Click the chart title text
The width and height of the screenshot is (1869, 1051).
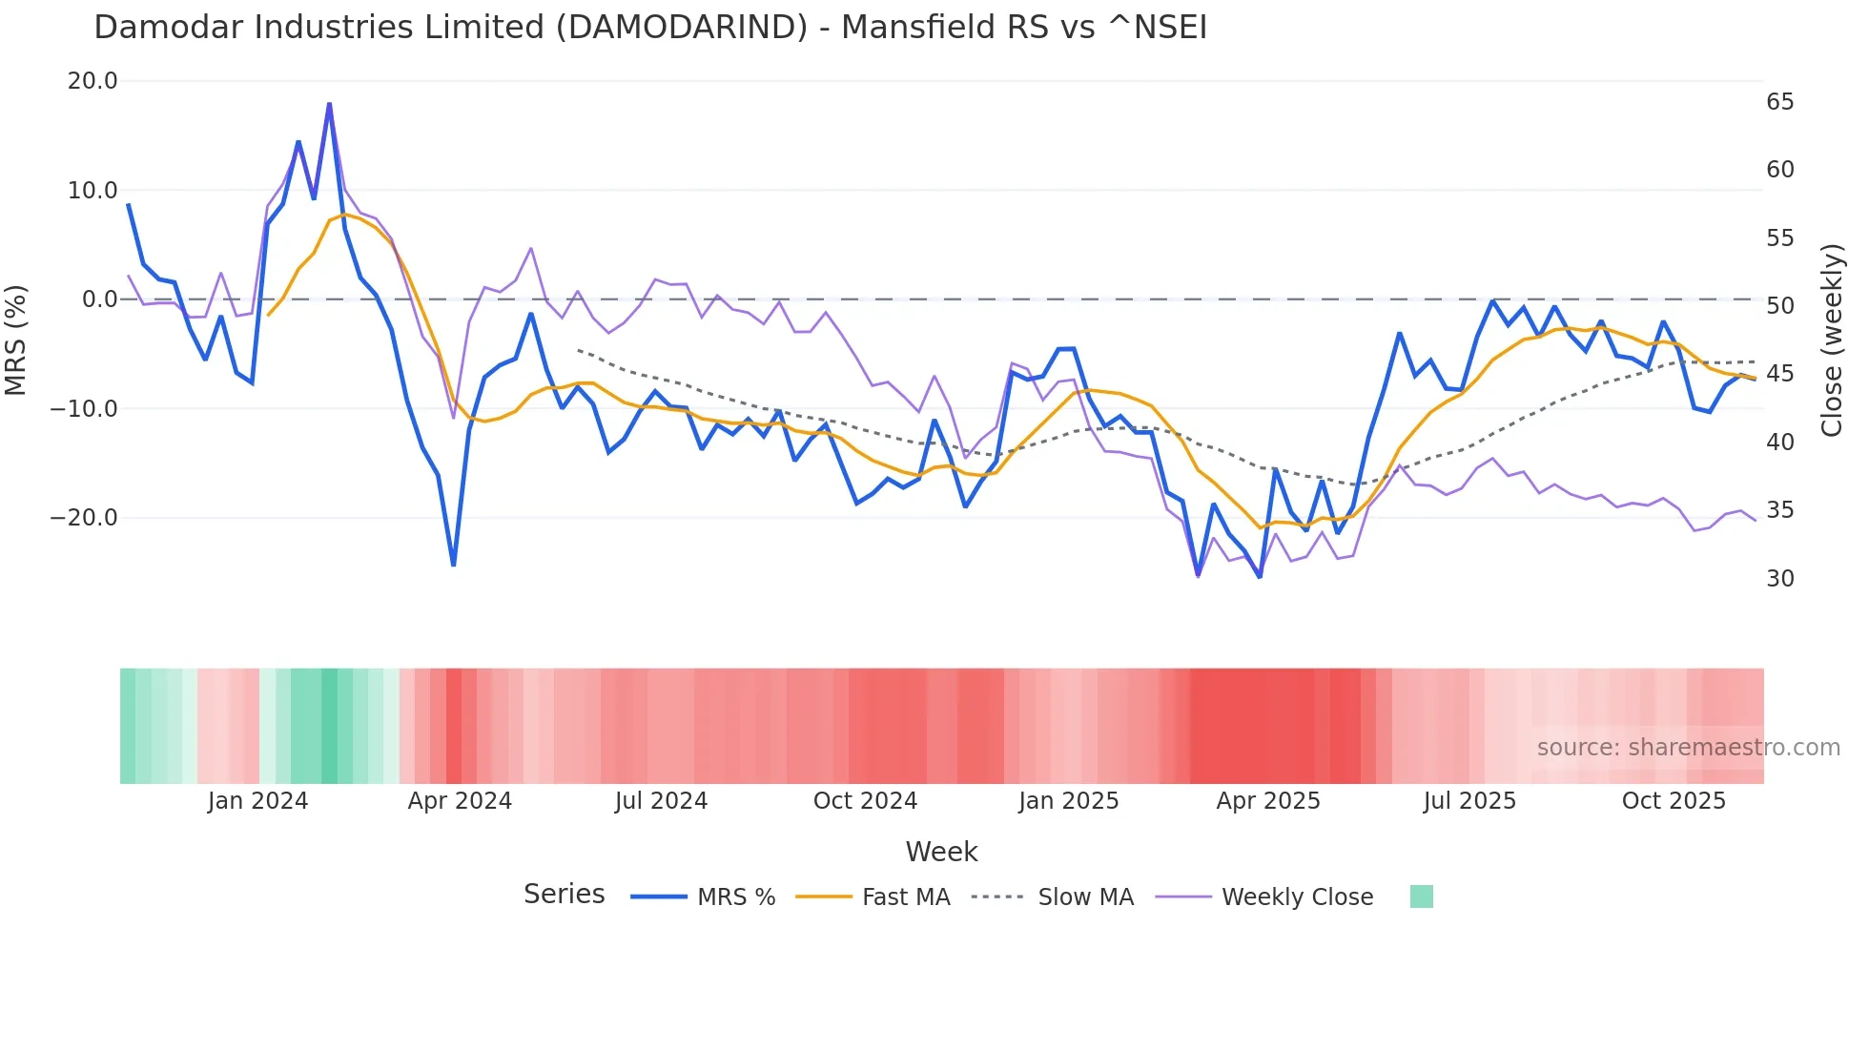(x=650, y=28)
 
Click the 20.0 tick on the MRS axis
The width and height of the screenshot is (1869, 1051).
(x=92, y=81)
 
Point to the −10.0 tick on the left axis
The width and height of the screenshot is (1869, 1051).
(x=84, y=409)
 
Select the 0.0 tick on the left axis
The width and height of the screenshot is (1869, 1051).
(x=99, y=299)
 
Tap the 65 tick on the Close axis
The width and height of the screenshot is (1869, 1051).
(x=1779, y=102)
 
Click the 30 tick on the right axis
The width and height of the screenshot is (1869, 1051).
(x=1779, y=579)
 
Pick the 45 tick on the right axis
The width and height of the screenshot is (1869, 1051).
(x=1779, y=374)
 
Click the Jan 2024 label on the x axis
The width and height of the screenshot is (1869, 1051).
(x=257, y=801)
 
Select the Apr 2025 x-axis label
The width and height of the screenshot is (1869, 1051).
(x=1267, y=801)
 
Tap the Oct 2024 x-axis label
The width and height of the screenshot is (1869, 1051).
(x=865, y=801)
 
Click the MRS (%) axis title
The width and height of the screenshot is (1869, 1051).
(x=16, y=340)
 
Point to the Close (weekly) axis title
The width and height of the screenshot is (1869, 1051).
(x=1832, y=340)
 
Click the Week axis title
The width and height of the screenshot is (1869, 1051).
(x=941, y=852)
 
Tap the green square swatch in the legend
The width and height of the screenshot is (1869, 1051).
(x=1421, y=896)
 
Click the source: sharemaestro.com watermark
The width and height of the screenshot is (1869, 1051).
(x=1688, y=748)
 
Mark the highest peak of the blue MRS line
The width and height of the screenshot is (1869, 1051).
(x=329, y=103)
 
